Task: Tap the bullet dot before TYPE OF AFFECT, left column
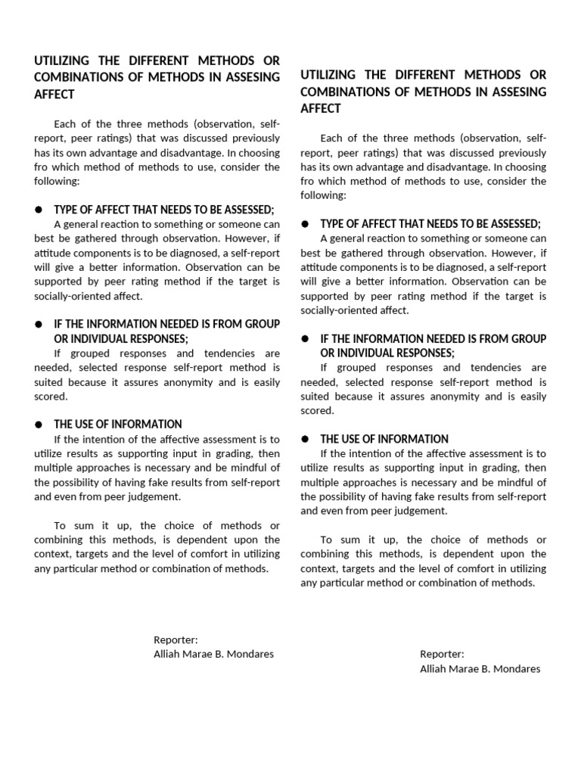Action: tap(37, 210)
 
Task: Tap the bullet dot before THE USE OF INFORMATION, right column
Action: tap(304, 439)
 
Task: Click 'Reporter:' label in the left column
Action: tap(176, 640)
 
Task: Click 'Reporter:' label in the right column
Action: tap(442, 654)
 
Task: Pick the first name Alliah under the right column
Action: tap(435, 668)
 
